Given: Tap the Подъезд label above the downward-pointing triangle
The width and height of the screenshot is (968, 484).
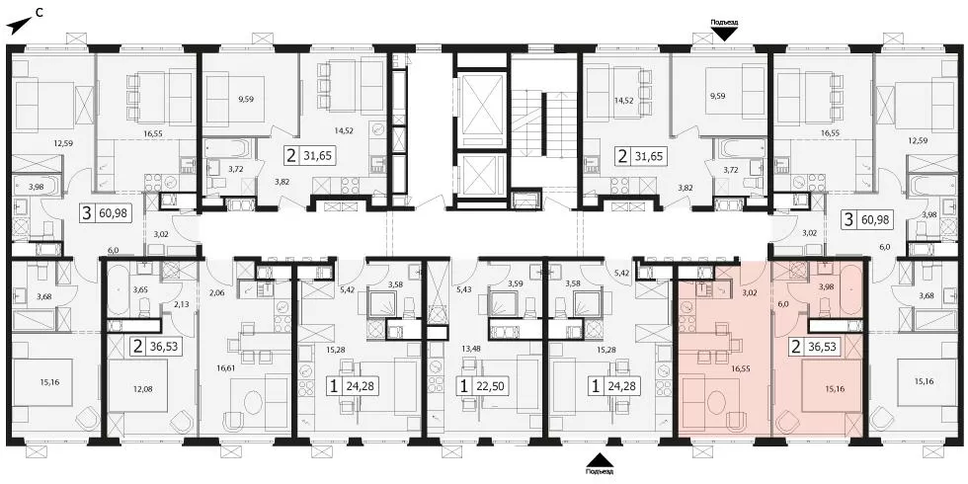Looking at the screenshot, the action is pos(724,23).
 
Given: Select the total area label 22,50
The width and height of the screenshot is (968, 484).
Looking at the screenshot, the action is pos(488,387).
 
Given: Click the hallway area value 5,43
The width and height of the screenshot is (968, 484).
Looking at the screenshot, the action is pos(462,288).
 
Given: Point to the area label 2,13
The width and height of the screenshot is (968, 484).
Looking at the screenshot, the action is pos(180,304).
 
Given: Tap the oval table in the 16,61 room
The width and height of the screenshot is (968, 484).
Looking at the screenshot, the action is pos(256,407).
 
